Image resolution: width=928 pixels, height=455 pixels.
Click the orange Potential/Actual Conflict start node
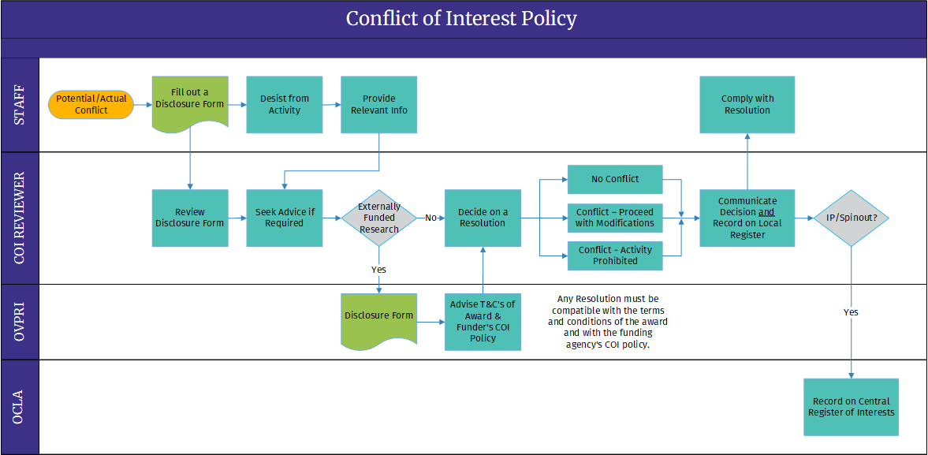tap(91, 105)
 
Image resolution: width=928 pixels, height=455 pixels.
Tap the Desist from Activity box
tap(285, 105)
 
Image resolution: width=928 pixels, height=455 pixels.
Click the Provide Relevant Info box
tap(379, 105)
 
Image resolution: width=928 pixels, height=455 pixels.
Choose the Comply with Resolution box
tap(747, 105)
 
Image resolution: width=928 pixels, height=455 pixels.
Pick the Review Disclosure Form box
tap(190, 218)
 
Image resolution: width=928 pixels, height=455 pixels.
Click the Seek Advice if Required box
tap(285, 218)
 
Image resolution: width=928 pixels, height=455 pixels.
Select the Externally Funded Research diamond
tap(379, 218)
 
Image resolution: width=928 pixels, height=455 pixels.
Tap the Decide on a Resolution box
tap(483, 218)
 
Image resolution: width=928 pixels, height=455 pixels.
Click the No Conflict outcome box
tap(615, 179)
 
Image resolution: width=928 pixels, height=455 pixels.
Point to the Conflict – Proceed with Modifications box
tap(615, 218)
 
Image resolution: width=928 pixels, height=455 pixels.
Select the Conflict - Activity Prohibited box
tap(615, 255)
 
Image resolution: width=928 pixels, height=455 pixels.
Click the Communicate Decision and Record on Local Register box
tap(747, 218)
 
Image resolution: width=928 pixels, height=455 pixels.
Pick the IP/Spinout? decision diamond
tap(851, 218)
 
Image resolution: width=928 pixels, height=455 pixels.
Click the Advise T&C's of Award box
tap(483, 322)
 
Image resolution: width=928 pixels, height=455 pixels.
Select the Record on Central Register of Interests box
tap(851, 407)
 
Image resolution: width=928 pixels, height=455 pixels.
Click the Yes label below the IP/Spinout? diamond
tap(851, 312)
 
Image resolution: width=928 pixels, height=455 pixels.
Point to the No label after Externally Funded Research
tap(430, 218)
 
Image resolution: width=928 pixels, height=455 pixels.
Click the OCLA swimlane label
tap(20, 407)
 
